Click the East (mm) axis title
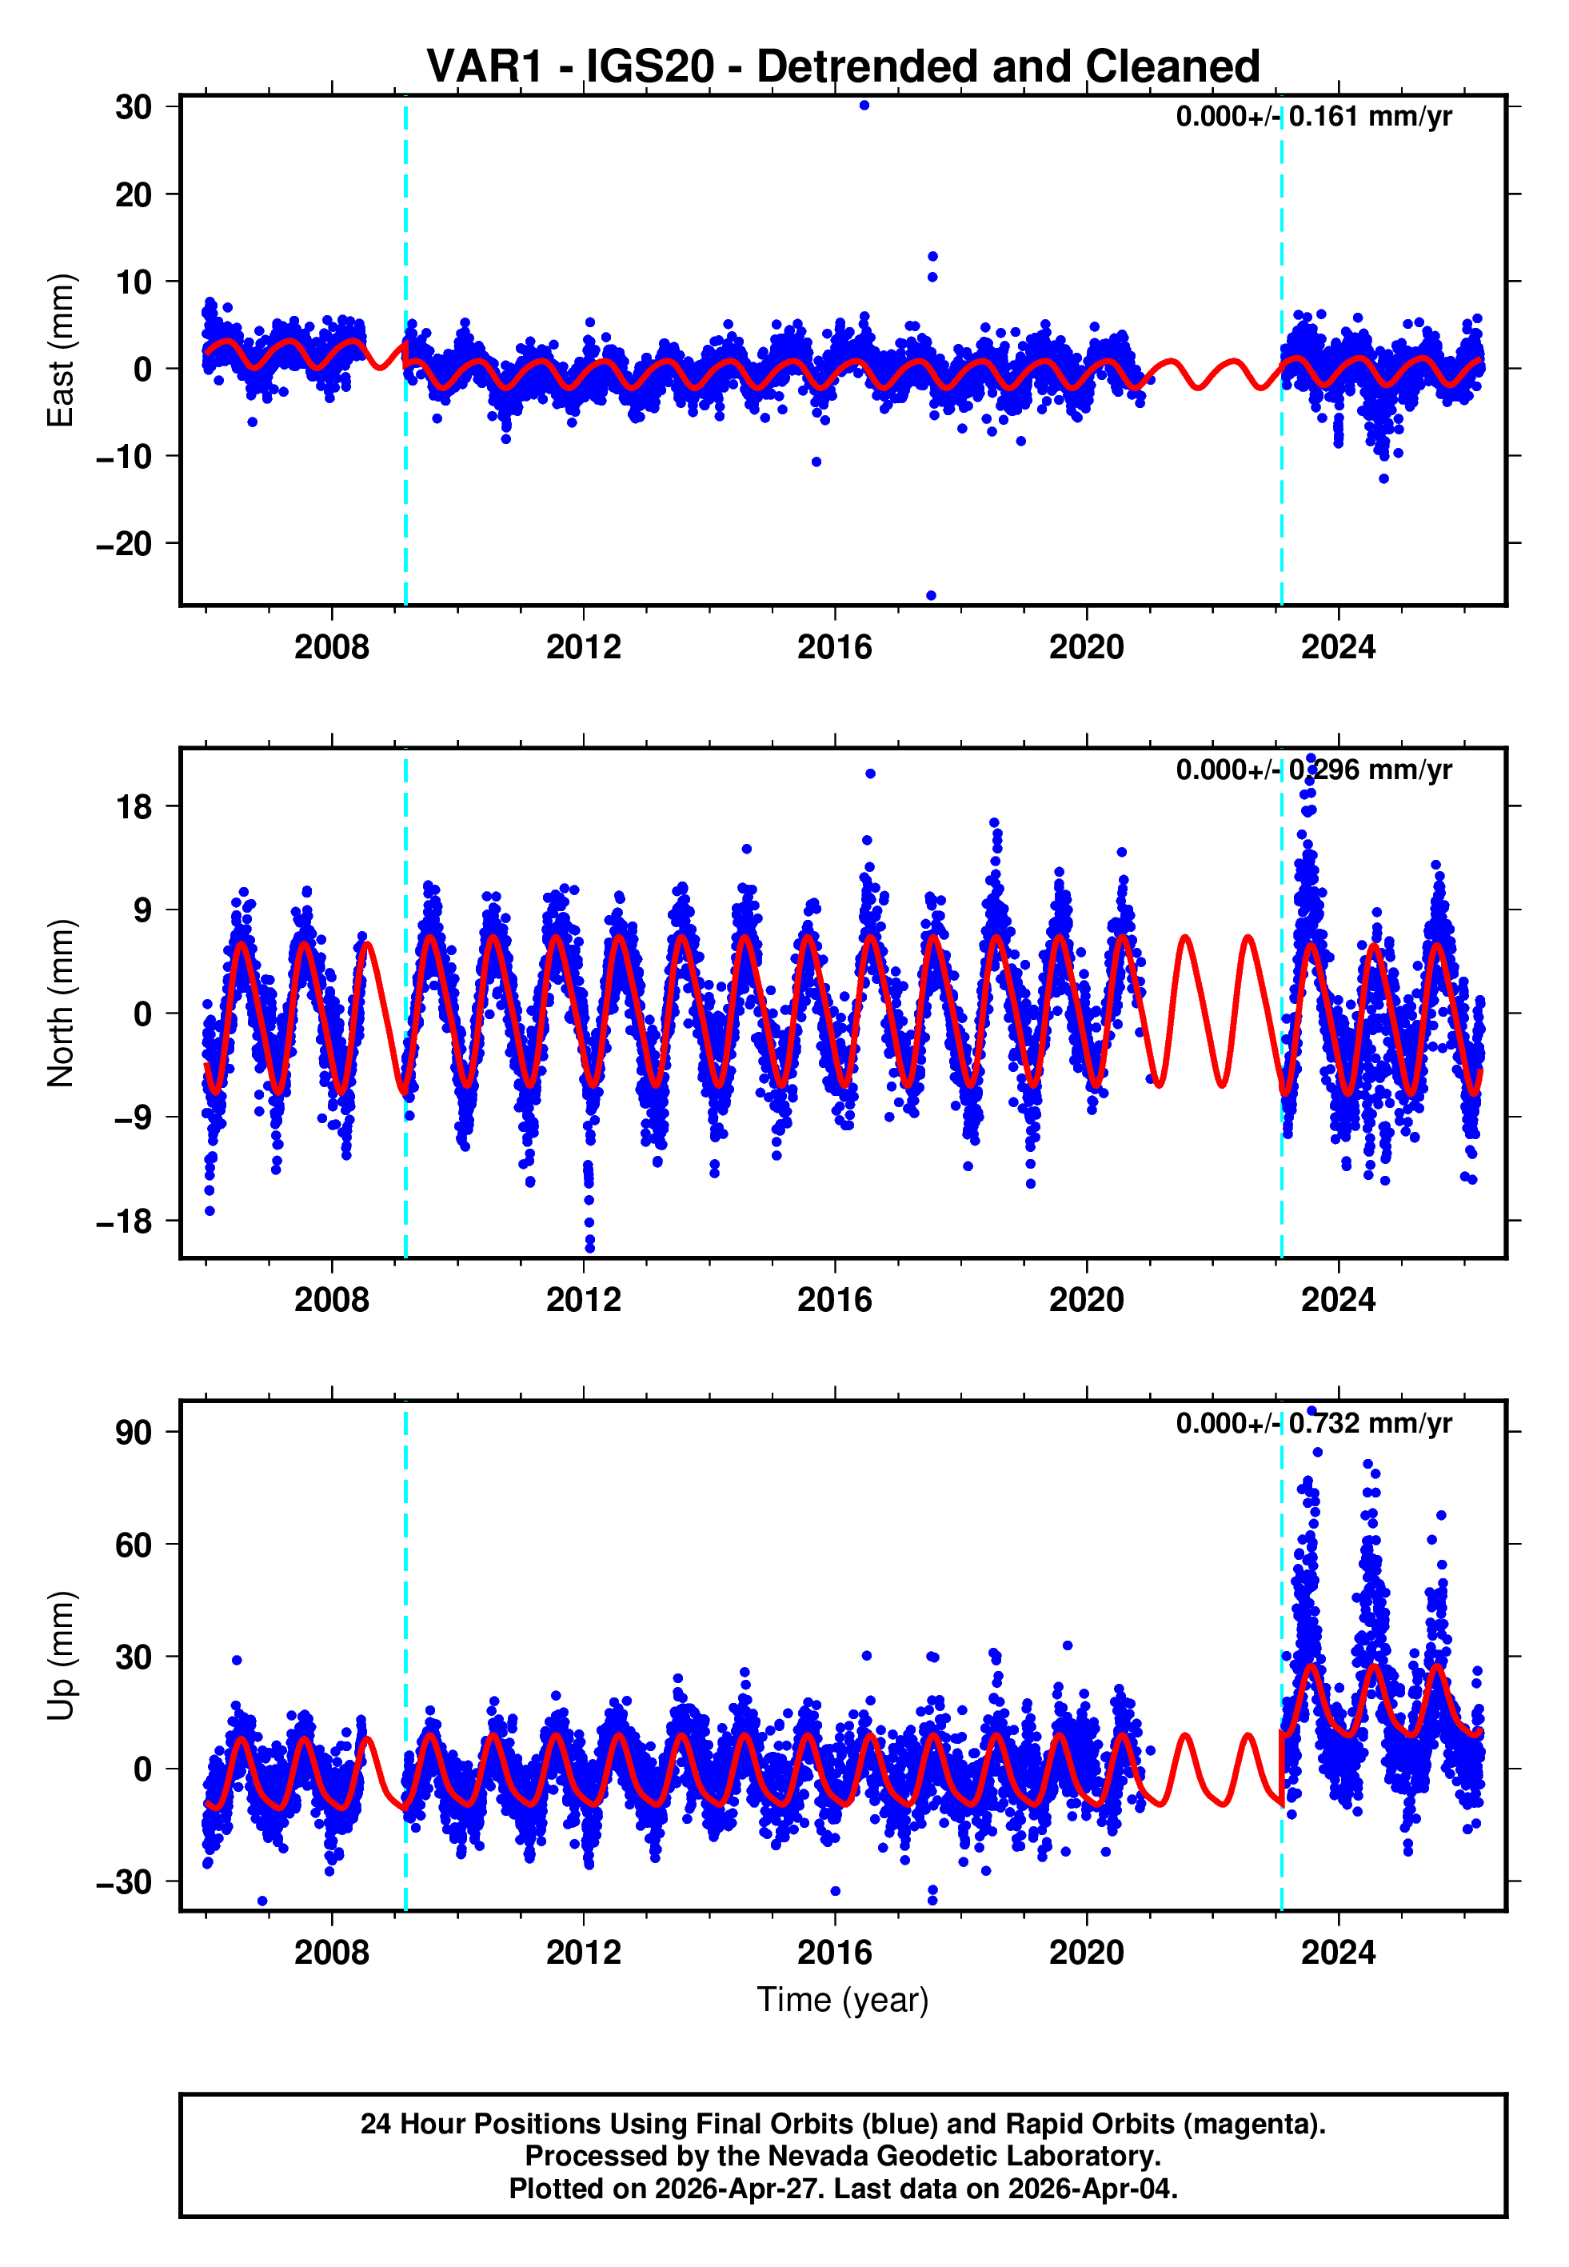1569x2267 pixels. [61, 350]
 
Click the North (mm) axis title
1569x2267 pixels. [61, 1003]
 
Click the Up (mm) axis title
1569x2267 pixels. [61, 1656]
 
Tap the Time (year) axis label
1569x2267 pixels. [843, 2000]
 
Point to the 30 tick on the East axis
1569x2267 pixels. [133, 107]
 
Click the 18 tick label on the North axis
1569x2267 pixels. [134, 807]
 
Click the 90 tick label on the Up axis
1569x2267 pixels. [134, 1433]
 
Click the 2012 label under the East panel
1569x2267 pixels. [583, 647]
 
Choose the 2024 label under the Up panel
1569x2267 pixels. [1338, 1953]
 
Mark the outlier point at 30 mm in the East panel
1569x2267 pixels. [864, 105]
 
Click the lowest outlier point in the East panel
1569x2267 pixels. [931, 596]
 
